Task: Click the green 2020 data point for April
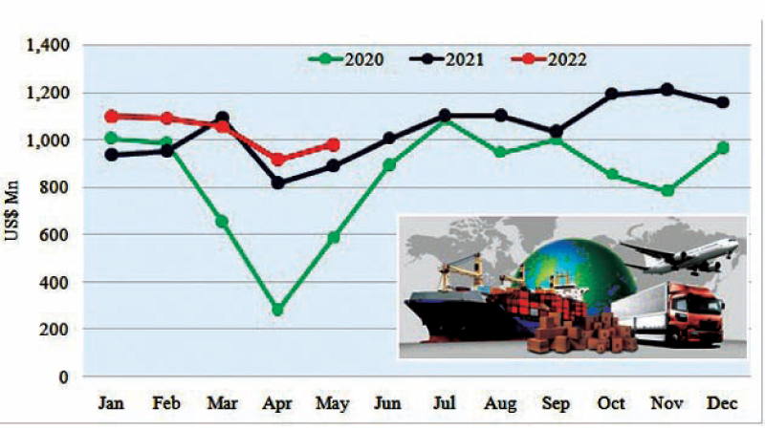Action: point(277,310)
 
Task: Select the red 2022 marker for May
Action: point(333,145)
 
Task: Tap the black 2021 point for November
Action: point(667,90)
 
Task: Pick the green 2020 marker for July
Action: point(444,120)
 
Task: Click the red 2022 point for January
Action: point(111,116)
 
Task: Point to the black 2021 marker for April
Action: point(277,183)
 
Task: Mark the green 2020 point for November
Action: point(667,191)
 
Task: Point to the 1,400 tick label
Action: point(49,45)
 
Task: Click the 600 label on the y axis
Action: point(56,234)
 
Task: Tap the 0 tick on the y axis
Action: point(66,376)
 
